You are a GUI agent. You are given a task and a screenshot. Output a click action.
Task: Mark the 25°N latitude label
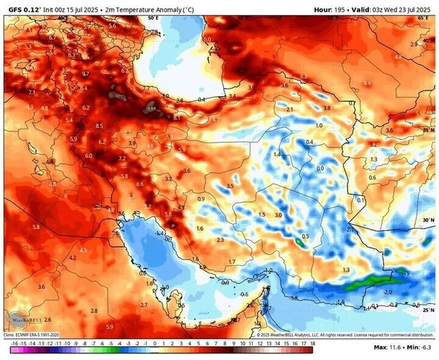click(x=429, y=310)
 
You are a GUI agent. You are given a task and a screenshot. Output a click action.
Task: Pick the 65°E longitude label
click(x=424, y=18)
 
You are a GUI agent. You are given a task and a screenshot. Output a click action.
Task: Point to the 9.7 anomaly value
click(x=85, y=74)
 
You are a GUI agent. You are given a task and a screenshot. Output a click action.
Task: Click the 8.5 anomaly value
click(x=99, y=126)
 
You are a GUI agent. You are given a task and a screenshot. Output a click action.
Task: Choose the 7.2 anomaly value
click(x=122, y=159)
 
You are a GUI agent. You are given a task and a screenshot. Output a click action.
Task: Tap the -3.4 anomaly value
click(x=408, y=275)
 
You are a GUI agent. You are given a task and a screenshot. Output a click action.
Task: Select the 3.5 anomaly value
click(x=230, y=185)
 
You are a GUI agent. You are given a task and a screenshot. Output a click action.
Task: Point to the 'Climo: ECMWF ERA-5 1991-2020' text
click(x=32, y=335)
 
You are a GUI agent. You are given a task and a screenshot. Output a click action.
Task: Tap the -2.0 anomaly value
click(x=388, y=292)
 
